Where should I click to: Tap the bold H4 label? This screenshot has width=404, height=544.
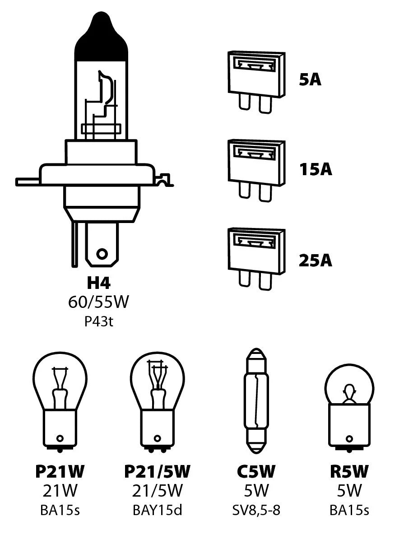(98, 284)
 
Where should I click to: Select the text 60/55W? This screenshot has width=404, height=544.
(98, 302)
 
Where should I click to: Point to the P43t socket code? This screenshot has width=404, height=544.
(98, 322)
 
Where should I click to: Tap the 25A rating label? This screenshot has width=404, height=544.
(316, 260)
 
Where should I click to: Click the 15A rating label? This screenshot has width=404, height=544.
(316, 170)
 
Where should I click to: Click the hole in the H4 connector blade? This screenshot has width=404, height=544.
(102, 253)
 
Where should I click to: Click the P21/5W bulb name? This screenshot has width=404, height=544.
(157, 472)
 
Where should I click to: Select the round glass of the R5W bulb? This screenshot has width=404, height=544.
(349, 385)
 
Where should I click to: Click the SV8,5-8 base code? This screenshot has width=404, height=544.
(256, 511)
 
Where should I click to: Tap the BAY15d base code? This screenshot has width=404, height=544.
(157, 511)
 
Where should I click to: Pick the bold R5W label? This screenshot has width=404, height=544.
(349, 472)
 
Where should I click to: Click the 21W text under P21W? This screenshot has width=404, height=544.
(60, 491)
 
